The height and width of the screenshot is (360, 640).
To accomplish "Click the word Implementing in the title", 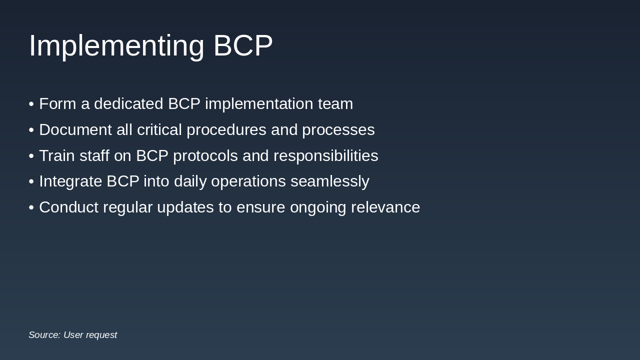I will click(x=116, y=46).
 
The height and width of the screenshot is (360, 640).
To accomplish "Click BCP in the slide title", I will click(x=243, y=46).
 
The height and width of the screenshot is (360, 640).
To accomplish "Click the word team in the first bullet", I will click(x=335, y=104).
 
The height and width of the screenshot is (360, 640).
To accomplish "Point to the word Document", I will click(x=75, y=130).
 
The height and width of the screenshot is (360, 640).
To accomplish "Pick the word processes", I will click(x=338, y=130).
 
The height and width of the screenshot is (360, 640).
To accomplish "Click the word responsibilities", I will click(x=325, y=156).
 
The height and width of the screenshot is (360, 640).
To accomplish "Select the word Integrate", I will click(x=70, y=181).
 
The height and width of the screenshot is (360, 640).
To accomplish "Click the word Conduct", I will click(x=68, y=207).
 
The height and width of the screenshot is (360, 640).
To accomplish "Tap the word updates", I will click(x=185, y=207).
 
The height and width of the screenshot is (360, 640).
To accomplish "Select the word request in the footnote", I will click(x=102, y=335).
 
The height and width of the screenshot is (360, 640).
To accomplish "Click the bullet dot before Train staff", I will click(x=31, y=156).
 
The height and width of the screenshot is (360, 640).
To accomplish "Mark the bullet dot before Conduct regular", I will click(x=31, y=207).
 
